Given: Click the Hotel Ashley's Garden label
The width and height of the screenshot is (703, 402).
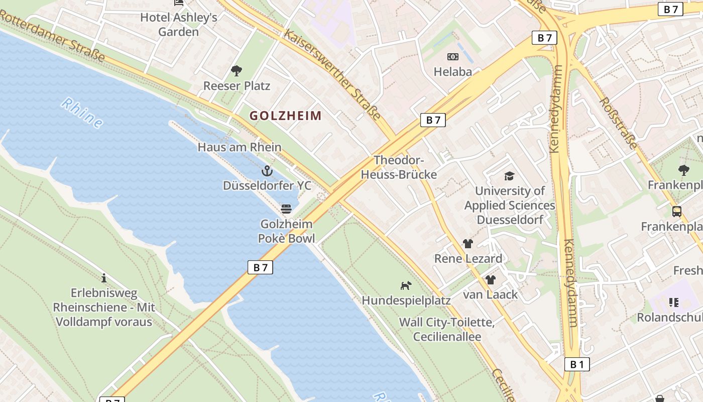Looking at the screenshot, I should (179, 25).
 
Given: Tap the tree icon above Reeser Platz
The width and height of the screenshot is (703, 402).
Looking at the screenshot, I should (236, 71).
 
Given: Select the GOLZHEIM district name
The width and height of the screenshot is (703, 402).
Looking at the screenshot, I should (286, 116).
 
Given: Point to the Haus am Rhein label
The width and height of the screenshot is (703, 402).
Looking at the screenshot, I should (240, 147).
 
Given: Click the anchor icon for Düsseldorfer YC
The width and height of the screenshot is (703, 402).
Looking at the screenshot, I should (267, 171).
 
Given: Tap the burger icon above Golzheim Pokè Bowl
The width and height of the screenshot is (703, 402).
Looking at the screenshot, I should (286, 209).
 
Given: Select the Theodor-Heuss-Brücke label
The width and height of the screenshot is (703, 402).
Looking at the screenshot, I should (399, 167).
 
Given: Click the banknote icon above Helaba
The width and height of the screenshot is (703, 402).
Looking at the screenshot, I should (453, 57).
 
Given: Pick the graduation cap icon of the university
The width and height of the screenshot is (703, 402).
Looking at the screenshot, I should (509, 176).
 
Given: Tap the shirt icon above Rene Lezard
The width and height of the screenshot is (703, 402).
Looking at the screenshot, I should (468, 244).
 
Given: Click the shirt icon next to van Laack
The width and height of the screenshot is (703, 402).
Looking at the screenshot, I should (491, 280).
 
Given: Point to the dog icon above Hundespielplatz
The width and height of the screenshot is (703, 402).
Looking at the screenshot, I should (406, 285).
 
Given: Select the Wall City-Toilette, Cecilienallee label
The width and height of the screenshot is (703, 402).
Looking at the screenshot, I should (447, 330).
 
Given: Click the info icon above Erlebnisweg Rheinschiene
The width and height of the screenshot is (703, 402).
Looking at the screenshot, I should (104, 278).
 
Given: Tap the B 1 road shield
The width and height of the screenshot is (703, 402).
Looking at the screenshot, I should (577, 364).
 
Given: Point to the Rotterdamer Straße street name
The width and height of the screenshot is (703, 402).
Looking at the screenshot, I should (53, 36).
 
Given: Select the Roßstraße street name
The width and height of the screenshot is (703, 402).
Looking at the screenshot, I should (618, 123).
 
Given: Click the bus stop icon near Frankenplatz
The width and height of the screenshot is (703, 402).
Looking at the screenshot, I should (676, 212).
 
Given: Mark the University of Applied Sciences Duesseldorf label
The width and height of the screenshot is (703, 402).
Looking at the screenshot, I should (510, 206).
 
